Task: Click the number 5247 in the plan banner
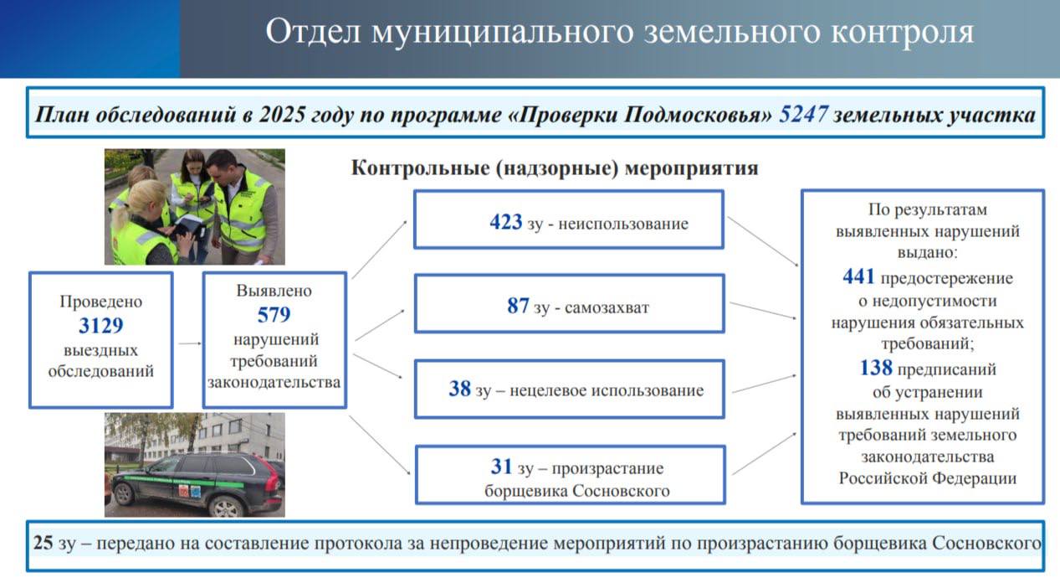803,115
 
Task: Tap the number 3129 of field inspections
100,326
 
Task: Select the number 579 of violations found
274,315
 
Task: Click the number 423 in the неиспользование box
506,223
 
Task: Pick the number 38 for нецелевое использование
459,389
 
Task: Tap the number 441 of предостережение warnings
858,277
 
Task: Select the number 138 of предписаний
875,368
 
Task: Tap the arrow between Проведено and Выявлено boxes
189,343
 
